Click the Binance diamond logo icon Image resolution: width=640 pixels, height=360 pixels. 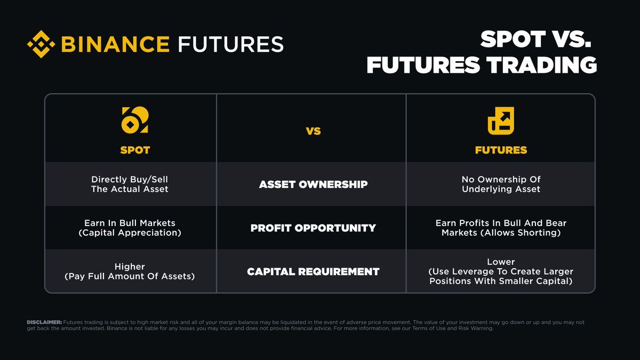click(x=42, y=44)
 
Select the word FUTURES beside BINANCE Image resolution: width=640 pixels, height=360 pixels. click(x=230, y=44)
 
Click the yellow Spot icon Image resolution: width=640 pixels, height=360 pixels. click(x=135, y=120)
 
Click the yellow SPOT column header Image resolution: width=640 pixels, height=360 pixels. click(x=135, y=150)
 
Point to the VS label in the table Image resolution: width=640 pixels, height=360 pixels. click(x=314, y=131)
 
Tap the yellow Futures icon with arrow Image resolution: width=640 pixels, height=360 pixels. click(x=501, y=120)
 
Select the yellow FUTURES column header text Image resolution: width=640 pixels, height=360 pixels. click(x=501, y=150)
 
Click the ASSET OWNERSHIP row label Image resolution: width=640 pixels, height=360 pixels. click(x=313, y=185)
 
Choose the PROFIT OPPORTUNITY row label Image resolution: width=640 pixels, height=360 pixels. click(x=313, y=228)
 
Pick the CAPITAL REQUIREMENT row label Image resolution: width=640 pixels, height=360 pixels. click(x=313, y=271)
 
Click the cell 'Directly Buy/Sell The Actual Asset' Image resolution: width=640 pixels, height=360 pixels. click(x=130, y=184)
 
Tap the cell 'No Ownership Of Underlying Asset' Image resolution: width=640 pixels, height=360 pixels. click(x=501, y=184)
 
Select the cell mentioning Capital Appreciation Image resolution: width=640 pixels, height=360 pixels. click(x=130, y=233)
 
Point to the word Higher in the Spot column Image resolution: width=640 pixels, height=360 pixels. click(x=130, y=266)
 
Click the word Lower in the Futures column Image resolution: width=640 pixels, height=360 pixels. click(x=501, y=262)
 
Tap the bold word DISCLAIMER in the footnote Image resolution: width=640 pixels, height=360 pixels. click(x=44, y=322)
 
